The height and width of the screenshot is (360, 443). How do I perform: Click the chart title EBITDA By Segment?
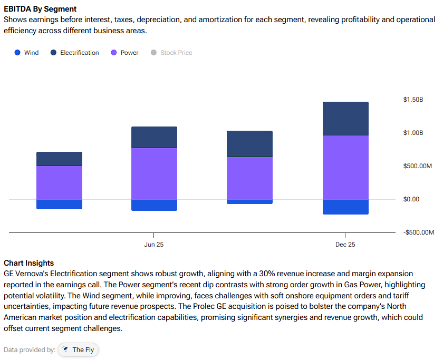pos(40,9)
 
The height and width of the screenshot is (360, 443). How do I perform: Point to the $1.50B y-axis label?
pos(413,100)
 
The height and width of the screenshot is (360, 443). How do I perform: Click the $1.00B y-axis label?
pos(413,133)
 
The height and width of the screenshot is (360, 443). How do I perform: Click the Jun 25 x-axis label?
pos(153,245)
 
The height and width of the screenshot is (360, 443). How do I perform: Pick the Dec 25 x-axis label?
pos(345,245)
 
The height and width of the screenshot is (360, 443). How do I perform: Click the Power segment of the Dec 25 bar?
pos(345,168)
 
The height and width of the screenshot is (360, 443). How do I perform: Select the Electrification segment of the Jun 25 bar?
pos(154,137)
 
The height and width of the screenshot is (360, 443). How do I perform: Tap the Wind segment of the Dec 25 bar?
pos(345,207)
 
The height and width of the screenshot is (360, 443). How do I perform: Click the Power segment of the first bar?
pos(59,183)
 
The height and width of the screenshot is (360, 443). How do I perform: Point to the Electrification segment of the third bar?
pos(249,144)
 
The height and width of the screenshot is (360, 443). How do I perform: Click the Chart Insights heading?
pos(28,263)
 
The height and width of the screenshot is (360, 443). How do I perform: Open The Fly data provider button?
pos(79,349)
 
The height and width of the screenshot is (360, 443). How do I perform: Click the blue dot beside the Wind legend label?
pos(17,53)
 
